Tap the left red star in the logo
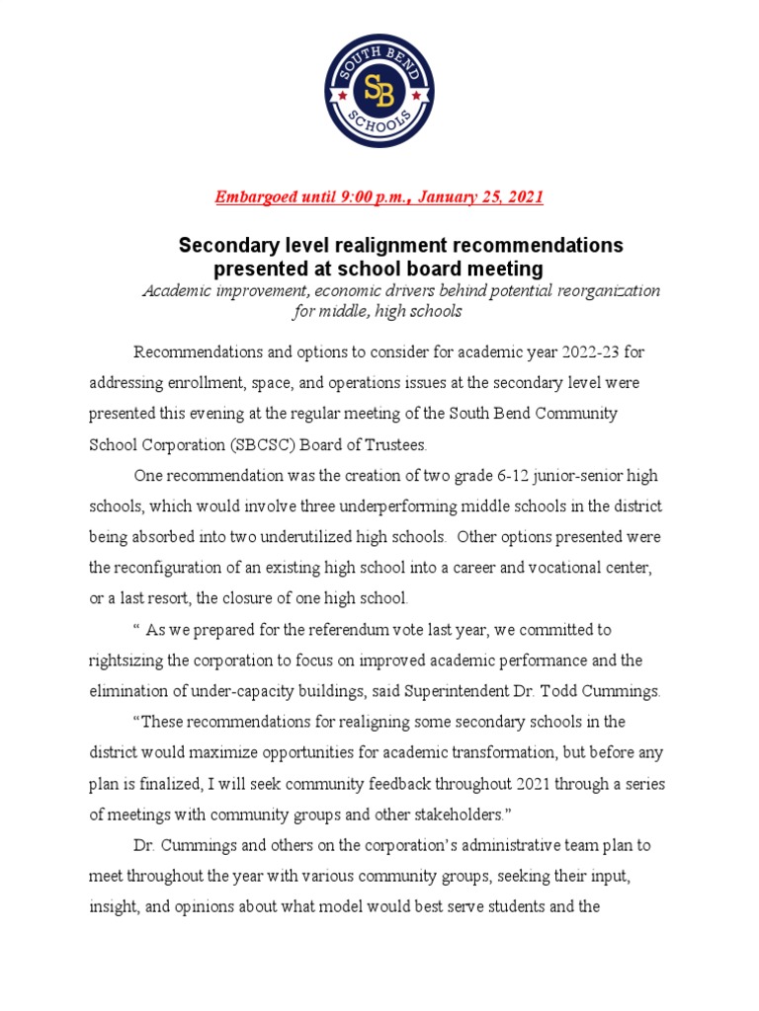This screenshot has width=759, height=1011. point(342,95)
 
